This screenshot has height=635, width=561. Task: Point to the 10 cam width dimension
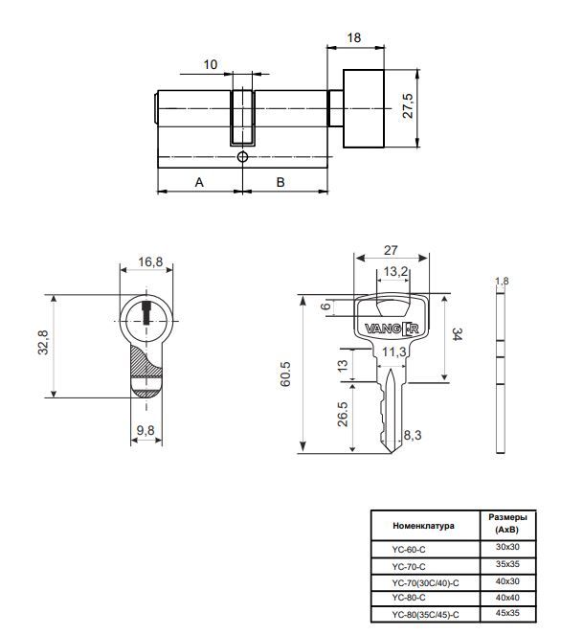211,64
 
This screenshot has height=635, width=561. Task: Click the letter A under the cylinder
199,181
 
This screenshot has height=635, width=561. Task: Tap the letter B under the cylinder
280,181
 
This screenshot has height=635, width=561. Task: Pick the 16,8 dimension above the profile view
150,261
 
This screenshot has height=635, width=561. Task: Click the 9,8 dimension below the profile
146,431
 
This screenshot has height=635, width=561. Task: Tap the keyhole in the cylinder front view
146,312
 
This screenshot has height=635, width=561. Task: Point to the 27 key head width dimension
390,250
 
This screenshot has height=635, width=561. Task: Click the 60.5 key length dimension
286,374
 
